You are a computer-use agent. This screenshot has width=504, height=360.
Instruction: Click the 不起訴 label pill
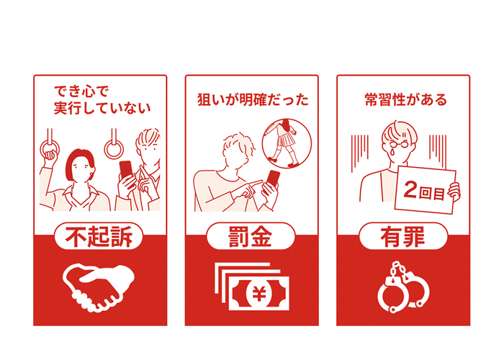tap(99, 236)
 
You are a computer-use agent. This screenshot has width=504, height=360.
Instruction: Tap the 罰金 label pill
tap(251, 236)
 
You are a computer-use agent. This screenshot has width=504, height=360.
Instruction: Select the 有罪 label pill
tap(403, 236)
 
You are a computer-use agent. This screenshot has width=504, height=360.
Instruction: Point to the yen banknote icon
tap(252, 287)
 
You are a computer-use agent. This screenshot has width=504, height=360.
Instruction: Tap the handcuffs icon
tap(403, 287)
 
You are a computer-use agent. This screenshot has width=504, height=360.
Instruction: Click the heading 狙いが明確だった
tap(253, 99)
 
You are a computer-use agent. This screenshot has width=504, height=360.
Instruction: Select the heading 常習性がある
tap(405, 99)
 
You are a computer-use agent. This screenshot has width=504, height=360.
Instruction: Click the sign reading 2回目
tap(425, 189)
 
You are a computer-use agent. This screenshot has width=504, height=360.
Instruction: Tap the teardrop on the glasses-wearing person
tap(392, 151)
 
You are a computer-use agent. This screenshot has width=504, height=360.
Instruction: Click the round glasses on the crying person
tap(400, 144)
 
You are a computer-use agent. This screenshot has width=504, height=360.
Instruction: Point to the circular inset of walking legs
tap(287, 143)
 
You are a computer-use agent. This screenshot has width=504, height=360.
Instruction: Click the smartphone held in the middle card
tap(273, 179)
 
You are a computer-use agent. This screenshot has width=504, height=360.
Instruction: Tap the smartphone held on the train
tap(126, 169)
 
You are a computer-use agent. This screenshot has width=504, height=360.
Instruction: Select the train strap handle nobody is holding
tap(114, 143)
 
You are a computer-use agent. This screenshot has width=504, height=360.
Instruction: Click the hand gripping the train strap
tap(49, 156)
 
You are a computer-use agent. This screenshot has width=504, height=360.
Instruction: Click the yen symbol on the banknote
tap(259, 293)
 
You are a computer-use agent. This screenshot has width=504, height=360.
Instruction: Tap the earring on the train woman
tap(92, 176)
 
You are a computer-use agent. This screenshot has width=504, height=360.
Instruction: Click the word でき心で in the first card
tap(81, 91)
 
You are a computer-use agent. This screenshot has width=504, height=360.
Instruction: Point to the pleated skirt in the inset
tap(285, 140)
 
